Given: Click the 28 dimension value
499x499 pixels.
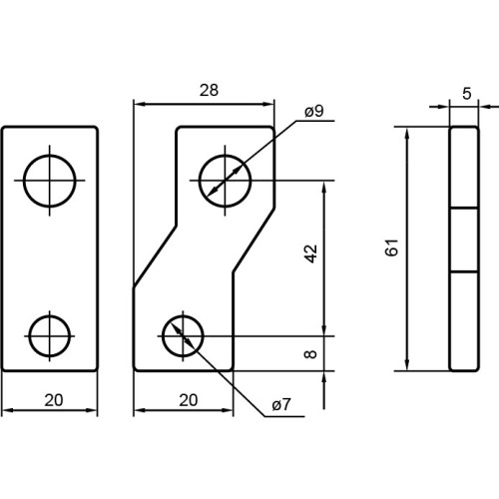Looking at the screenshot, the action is click(209, 90).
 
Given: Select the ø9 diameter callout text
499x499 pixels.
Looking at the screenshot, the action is click(314, 111).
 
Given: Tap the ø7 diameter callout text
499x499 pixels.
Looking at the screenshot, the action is click(281, 404).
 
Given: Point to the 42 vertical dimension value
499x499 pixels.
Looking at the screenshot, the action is click(311, 253).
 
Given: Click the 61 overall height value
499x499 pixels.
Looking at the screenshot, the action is click(391, 248).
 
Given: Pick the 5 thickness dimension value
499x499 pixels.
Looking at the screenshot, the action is click(467, 94).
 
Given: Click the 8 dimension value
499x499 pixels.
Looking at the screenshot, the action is click(310, 353).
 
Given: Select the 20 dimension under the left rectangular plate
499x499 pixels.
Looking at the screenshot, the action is click(54, 400).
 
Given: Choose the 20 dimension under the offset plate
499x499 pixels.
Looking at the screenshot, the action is click(189, 400).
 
